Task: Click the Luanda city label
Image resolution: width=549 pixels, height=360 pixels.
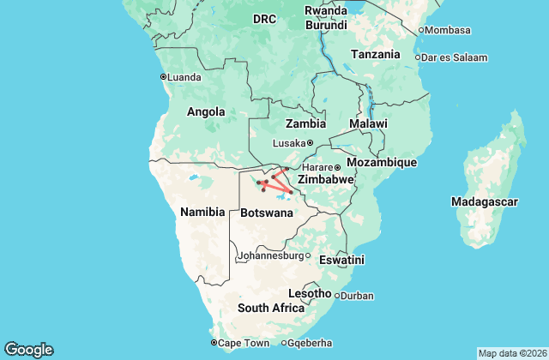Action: [184, 77]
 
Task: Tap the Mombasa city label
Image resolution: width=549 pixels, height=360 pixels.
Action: [448, 30]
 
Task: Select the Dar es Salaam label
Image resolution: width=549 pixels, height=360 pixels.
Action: [455, 58]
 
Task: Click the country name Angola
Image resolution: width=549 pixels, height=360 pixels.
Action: [206, 111]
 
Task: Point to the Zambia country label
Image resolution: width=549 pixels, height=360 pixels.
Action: [305, 123]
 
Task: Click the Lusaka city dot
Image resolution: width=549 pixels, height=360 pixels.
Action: [311, 143]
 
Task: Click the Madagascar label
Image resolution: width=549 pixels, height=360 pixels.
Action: [485, 201]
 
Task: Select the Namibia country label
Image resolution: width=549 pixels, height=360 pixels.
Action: [202, 211]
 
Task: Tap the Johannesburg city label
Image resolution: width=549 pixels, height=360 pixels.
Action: [269, 255]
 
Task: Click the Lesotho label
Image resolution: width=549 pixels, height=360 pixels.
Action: [310, 293]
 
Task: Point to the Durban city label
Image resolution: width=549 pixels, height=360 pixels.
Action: [358, 297]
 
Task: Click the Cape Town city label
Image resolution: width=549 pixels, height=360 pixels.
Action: [244, 343]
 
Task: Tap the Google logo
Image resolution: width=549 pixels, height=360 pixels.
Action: [28, 350]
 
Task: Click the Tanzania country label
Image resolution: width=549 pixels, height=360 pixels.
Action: [375, 54]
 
